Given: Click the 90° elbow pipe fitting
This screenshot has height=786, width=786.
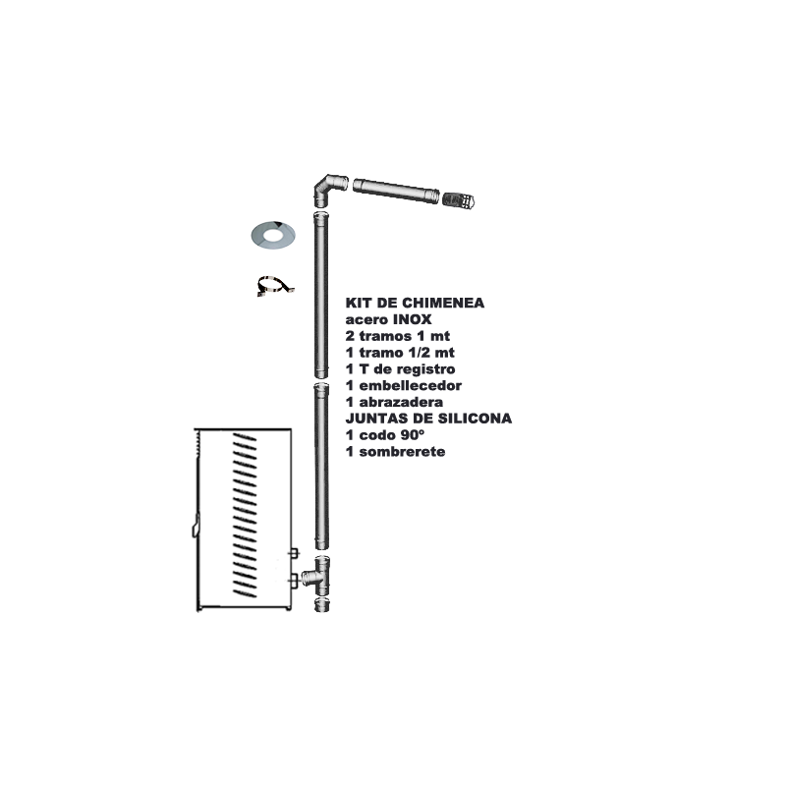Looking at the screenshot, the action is [327, 190].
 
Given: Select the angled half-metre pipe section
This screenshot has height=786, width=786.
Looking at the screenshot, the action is [396, 190].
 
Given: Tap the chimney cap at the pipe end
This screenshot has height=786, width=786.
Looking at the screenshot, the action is [458, 200].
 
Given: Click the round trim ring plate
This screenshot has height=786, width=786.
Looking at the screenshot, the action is [273, 235].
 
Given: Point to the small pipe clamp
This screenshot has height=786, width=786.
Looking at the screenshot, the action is [275, 285].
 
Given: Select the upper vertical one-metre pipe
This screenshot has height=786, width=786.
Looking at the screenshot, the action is [321, 295].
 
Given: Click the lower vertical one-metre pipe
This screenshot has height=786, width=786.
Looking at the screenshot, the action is [321, 466].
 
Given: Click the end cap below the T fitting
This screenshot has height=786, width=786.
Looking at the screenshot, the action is [321, 605].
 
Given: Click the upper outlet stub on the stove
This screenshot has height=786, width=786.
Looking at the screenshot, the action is [294, 553].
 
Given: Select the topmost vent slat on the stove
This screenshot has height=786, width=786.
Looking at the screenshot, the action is [245, 437].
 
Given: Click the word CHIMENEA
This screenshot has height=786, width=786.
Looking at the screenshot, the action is [443, 303].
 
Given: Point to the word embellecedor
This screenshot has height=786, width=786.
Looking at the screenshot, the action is [410, 385].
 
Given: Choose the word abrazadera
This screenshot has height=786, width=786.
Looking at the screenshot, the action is [401, 402].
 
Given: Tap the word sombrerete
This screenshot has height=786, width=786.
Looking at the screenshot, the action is [402, 452].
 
